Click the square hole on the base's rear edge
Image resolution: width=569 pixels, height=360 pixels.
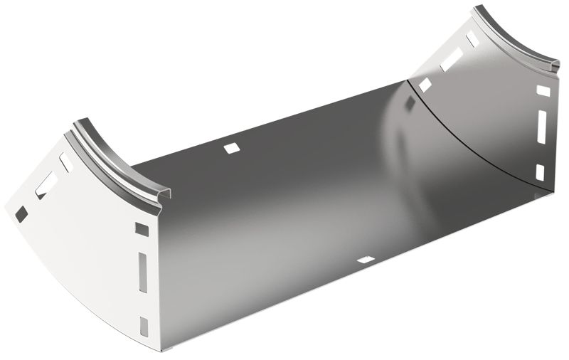pos(232,148)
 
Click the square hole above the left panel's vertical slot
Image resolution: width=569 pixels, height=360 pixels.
pos(142,230)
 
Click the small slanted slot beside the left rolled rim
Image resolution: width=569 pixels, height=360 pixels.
pos(66,162)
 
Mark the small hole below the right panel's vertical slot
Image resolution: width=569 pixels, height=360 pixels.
pos(539,171)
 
